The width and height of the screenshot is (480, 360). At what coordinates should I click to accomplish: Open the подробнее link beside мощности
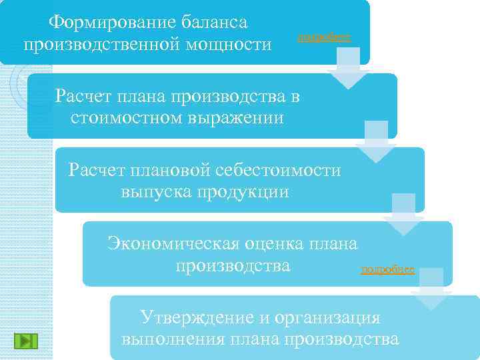coord(323,37)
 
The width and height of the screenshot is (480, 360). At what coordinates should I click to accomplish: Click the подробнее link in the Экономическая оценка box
coord(387,270)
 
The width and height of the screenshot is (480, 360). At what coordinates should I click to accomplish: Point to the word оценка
coord(276,243)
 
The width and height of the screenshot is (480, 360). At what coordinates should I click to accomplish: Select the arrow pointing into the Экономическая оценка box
coord(404,215)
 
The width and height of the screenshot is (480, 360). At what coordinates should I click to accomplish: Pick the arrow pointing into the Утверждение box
coord(431,289)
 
